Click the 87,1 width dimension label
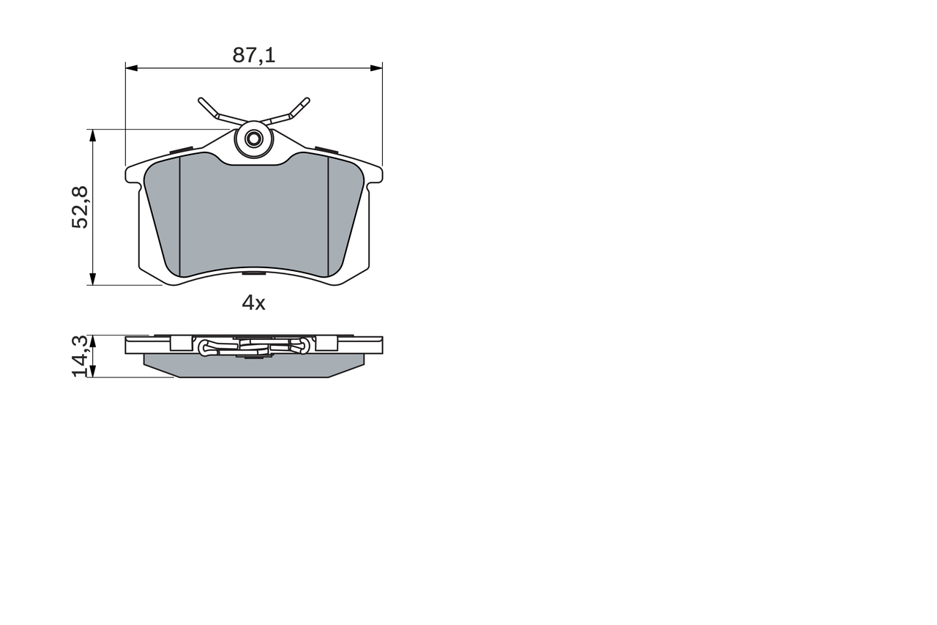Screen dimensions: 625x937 (253, 55)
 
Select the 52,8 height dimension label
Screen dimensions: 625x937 (80, 207)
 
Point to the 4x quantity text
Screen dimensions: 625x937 (253, 303)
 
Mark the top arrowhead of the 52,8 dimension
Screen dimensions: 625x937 (92, 135)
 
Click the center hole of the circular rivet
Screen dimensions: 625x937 (254, 138)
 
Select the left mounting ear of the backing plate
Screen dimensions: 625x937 (132, 174)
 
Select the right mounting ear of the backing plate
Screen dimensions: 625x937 (376, 174)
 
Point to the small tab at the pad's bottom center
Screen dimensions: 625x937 (254, 274)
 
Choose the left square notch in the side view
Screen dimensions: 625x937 (176, 342)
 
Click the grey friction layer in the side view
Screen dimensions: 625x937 (253, 366)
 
